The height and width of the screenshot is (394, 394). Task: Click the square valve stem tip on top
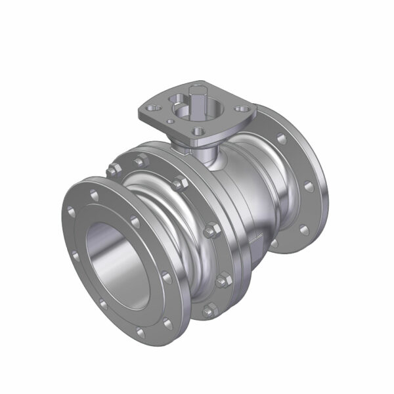196,90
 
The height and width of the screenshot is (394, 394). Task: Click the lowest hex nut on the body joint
208,310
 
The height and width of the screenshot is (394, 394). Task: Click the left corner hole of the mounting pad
152,104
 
